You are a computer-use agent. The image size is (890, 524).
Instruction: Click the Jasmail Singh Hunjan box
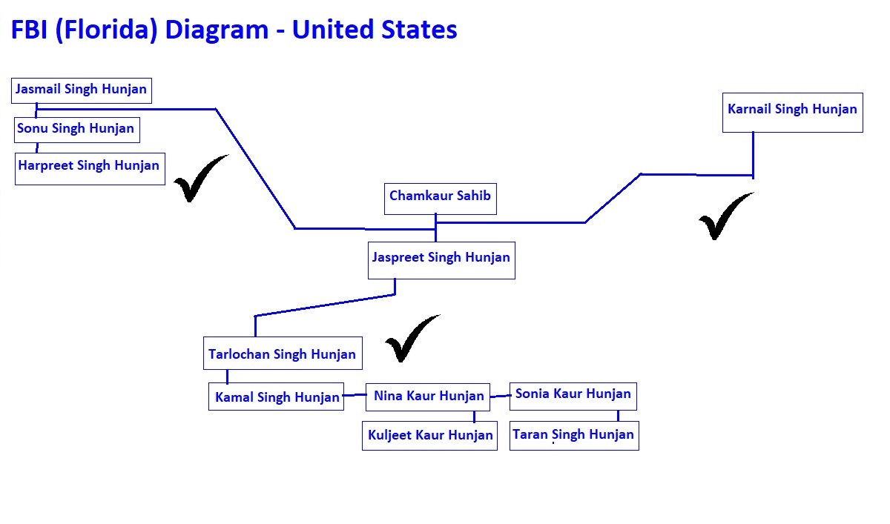pos(82,90)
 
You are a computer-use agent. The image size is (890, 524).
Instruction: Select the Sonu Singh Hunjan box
pos(77,130)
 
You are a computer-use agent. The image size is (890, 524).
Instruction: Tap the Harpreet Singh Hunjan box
pos(90,169)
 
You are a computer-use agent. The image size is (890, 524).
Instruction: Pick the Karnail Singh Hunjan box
pos(793,113)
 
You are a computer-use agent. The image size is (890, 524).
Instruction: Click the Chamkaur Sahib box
pos(441,199)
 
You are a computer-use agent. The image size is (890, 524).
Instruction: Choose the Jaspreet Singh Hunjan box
pos(441,260)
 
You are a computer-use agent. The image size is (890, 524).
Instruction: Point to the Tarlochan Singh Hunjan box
pos(283,354)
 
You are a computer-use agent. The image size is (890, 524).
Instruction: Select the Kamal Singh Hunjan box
pos(276,397)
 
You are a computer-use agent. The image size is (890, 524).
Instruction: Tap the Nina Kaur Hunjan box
pos(428,397)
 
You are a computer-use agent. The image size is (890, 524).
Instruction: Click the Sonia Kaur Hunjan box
pos(573,397)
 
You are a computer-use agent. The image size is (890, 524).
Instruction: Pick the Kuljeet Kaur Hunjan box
pos(429,436)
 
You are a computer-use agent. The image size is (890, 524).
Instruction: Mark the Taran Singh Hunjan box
pos(574,436)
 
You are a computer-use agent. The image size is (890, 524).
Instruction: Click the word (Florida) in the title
pos(107,30)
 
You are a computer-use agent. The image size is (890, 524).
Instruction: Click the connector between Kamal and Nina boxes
pos(355,395)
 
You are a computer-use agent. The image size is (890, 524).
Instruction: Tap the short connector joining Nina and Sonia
pos(500,397)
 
